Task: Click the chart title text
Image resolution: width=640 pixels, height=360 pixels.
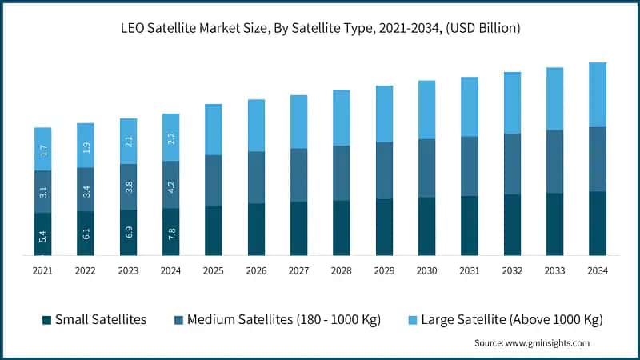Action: pyautogui.click(x=320, y=29)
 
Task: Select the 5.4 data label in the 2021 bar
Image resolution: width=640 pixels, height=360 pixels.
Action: pyautogui.click(x=42, y=236)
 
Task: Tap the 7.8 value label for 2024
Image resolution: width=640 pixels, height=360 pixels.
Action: pyautogui.click(x=171, y=233)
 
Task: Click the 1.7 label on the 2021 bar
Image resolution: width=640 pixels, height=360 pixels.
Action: pyautogui.click(x=42, y=150)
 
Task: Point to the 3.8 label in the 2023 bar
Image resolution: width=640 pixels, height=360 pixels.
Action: pyautogui.click(x=128, y=187)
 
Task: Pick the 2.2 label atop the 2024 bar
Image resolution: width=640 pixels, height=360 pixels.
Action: pyautogui.click(x=171, y=138)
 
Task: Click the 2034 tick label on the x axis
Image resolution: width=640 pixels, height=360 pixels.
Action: pyautogui.click(x=598, y=270)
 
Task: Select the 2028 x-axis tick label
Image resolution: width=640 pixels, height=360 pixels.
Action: pyautogui.click(x=342, y=270)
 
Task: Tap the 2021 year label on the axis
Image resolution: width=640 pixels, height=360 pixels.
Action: pyautogui.click(x=42, y=270)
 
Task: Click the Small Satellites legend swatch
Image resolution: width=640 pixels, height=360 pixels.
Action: pyautogui.click(x=47, y=320)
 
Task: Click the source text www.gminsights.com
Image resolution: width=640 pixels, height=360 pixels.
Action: pyautogui.click(x=531, y=342)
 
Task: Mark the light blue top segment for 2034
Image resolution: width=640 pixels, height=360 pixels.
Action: pyautogui.click(x=598, y=94)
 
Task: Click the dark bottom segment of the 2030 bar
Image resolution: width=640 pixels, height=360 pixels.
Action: pyautogui.click(x=427, y=226)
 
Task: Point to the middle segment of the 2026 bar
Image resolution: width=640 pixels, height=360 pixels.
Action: pyautogui.click(x=256, y=178)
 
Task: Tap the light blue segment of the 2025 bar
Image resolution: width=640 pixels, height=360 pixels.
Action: pyautogui.click(x=214, y=130)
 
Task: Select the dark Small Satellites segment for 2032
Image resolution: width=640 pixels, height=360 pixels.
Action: pyautogui.click(x=512, y=225)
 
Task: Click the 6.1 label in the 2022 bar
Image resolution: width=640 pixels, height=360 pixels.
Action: pyautogui.click(x=86, y=234)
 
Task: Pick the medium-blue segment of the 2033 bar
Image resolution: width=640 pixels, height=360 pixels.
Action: pyautogui.click(x=555, y=162)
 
